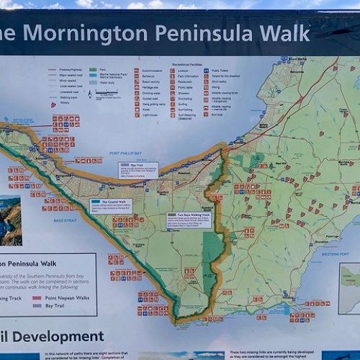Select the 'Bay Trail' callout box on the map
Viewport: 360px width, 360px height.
click(138, 170)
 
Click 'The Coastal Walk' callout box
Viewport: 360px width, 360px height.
click(110, 206)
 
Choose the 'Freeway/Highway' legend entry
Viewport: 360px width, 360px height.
click(65, 70)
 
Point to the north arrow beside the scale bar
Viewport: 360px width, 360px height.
click(89, 93)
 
